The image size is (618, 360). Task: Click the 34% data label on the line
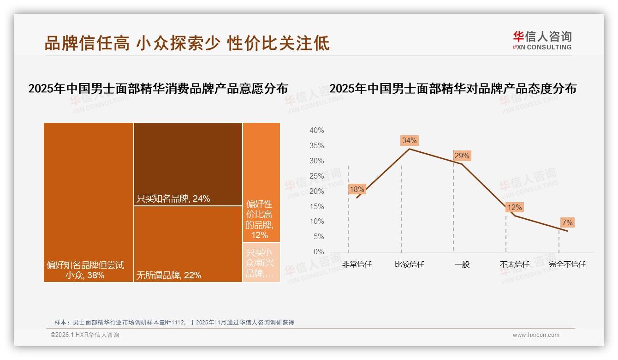(409, 140)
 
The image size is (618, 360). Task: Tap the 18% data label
(357, 189)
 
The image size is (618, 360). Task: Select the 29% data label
(462, 156)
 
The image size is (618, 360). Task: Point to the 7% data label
(567, 222)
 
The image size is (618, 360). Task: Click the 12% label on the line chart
(514, 208)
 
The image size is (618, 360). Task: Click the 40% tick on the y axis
(316, 131)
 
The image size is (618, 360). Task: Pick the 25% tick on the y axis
(316, 176)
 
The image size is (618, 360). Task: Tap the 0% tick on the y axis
(318, 252)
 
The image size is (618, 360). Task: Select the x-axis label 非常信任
(357, 264)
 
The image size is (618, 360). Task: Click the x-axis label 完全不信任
(567, 264)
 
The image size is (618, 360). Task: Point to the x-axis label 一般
(462, 264)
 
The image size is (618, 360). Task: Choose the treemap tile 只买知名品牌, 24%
(188, 164)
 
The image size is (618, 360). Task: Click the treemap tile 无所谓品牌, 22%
(188, 244)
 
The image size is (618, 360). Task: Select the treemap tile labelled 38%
(89, 202)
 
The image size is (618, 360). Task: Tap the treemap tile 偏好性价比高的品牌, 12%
(261, 182)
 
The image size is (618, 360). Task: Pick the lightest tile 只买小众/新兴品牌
(261, 262)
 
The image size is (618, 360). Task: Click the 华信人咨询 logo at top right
(542, 41)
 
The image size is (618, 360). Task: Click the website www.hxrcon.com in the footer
(536, 335)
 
